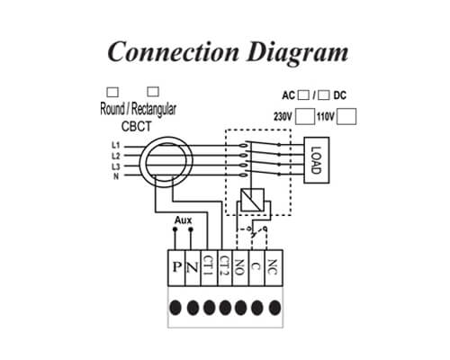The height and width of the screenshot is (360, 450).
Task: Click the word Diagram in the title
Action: (x=298, y=52)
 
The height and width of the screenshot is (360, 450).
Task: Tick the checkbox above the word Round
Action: (x=112, y=92)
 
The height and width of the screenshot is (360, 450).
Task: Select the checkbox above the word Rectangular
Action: (x=153, y=92)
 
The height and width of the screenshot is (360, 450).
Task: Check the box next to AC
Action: (x=303, y=95)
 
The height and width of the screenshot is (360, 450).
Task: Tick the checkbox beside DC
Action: (x=324, y=95)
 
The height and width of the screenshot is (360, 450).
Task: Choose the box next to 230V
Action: (x=305, y=116)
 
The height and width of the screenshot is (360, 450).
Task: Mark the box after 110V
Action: (x=346, y=116)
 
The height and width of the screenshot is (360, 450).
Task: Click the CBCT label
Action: (x=137, y=127)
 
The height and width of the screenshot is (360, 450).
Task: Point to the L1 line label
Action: (x=116, y=146)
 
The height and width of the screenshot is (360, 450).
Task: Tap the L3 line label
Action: (x=116, y=166)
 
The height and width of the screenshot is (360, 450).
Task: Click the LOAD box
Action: (x=317, y=160)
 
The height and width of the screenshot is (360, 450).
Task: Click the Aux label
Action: (x=183, y=220)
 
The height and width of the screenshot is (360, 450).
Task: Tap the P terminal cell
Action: (x=176, y=267)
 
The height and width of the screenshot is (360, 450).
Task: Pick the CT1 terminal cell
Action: (x=208, y=267)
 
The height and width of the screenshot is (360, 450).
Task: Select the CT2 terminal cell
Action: (x=224, y=267)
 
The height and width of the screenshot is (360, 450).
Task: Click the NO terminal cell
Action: (x=240, y=267)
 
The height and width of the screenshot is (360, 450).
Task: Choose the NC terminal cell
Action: (x=274, y=267)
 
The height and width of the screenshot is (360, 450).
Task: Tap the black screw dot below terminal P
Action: (x=175, y=308)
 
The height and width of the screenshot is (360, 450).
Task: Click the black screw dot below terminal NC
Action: (x=274, y=308)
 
